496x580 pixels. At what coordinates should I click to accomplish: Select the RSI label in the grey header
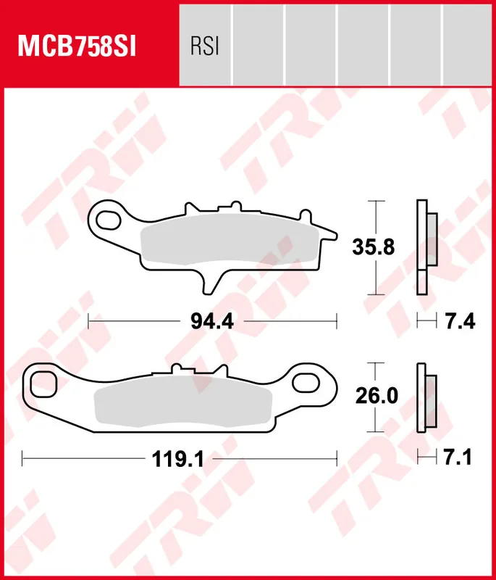coord(204,47)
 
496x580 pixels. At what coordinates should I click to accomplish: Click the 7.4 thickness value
coord(460,320)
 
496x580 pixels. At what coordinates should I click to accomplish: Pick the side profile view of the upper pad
coord(426,246)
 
